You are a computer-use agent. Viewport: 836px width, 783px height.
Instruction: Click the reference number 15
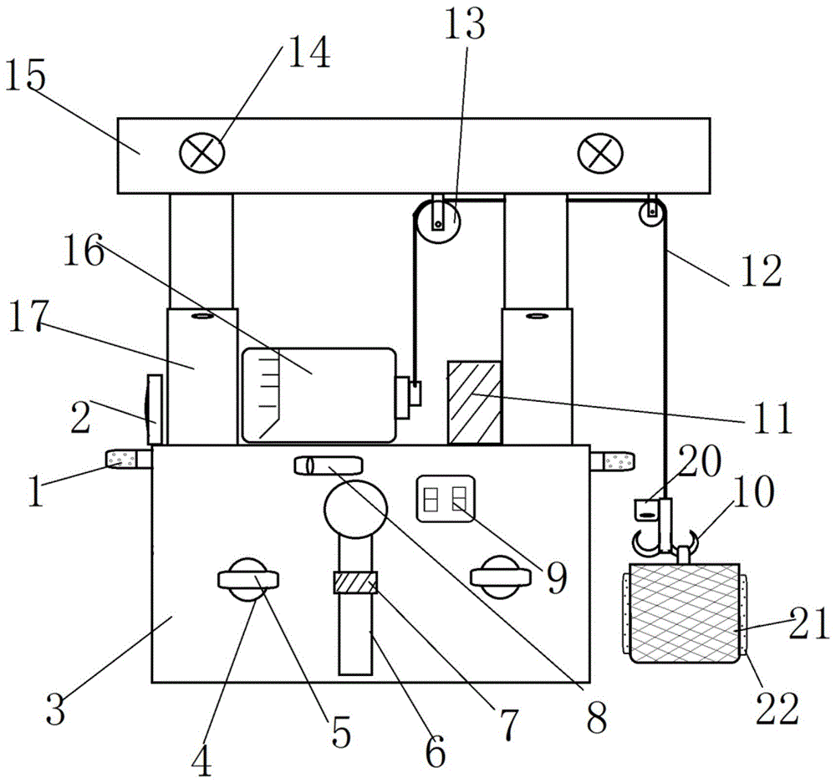25,77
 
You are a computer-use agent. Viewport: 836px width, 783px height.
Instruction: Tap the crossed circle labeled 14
201,153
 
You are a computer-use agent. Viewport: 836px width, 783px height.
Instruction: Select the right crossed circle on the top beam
600,153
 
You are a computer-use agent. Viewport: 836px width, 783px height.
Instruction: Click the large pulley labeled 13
438,220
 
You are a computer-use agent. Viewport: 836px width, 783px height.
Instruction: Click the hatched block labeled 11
475,403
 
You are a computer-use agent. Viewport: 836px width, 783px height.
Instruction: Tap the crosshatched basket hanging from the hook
685,613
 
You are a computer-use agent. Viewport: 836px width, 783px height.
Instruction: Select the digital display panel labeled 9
446,498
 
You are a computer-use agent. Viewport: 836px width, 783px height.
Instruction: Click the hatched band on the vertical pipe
355,582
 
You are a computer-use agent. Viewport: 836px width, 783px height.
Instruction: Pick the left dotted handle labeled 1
129,460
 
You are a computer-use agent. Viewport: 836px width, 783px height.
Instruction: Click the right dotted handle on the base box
612,461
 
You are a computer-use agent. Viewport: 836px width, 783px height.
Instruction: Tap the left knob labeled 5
248,579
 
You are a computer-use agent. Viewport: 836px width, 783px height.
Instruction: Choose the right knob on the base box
500,577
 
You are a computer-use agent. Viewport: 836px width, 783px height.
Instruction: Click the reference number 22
777,709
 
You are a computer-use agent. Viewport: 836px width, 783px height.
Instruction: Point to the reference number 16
84,252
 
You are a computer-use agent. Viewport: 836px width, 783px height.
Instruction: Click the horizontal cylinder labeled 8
329,465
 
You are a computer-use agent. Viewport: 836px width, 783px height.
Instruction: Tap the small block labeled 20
646,509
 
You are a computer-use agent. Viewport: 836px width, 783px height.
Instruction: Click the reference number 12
762,272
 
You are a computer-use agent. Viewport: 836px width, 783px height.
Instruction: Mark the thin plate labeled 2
154,409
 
